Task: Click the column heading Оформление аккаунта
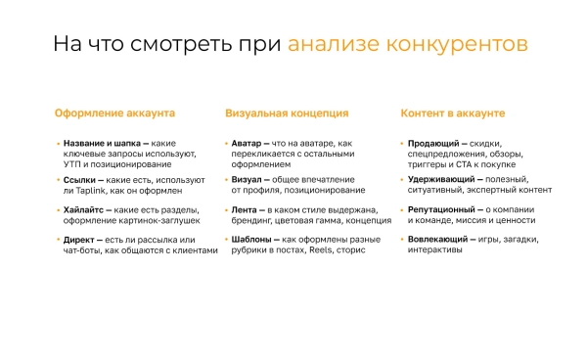[114, 113]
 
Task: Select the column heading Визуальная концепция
[287, 113]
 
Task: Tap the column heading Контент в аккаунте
[453, 113]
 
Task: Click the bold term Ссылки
[78, 181]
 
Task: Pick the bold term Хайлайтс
[83, 210]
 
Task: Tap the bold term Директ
[78, 240]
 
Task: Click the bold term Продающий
[430, 143]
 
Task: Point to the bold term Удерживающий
[439, 181]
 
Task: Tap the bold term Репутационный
[442, 210]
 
